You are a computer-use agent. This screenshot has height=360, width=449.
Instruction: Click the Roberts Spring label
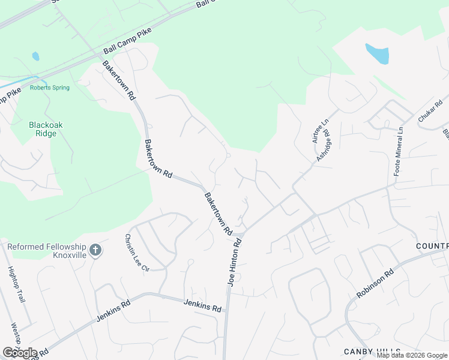50,88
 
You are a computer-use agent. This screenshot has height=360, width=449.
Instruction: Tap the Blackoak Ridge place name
46,129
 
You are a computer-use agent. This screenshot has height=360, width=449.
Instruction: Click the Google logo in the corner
20,352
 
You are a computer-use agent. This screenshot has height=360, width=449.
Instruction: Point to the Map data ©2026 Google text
412,355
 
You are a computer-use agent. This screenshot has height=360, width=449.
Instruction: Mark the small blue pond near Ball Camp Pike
35,56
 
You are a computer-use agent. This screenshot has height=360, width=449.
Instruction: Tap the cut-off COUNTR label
432,247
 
